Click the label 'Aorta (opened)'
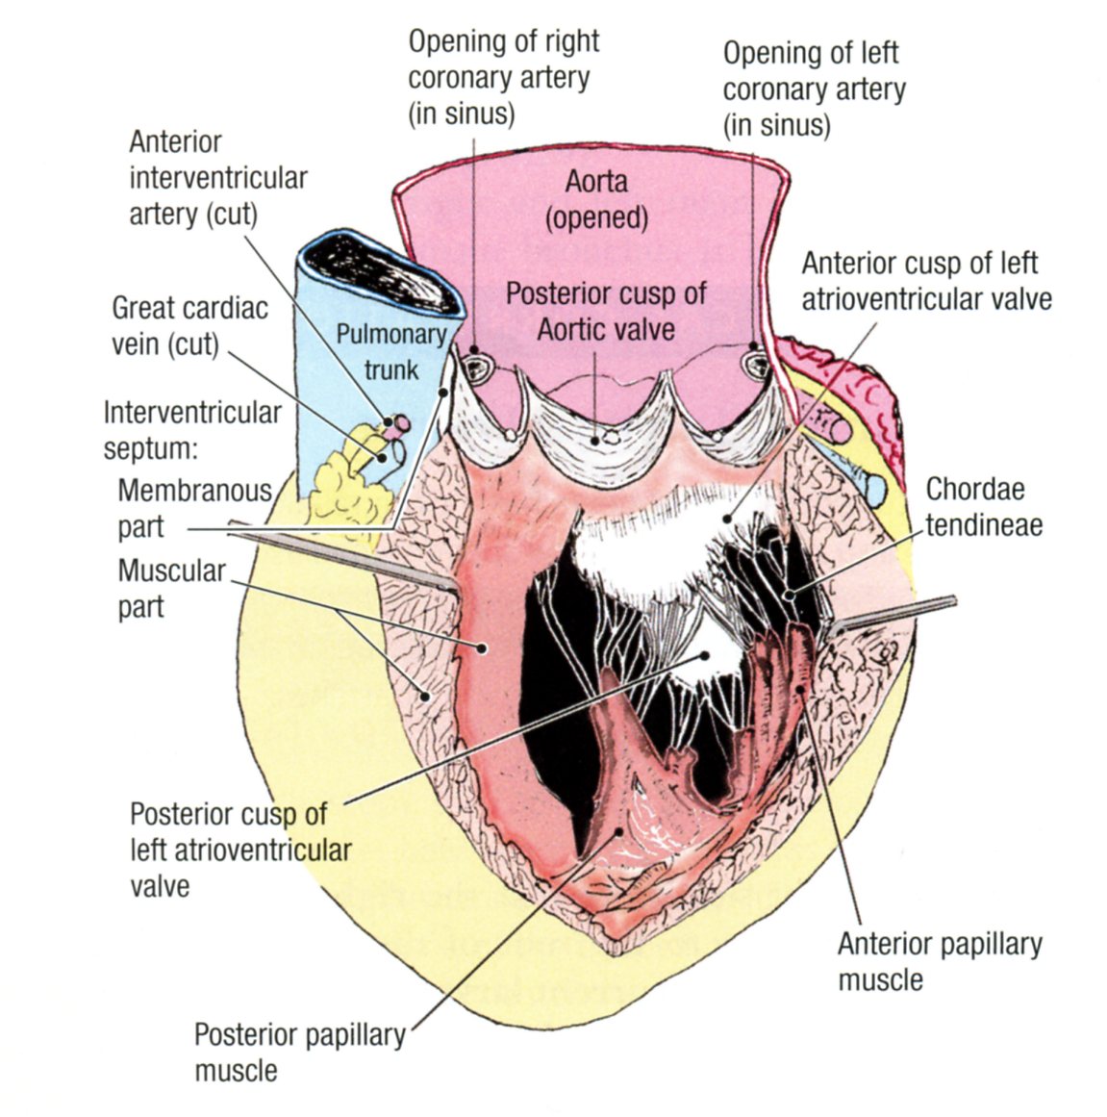coord(596,199)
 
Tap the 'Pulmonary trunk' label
coord(390,351)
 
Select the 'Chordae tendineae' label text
coord(983,506)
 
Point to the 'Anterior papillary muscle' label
coord(939,961)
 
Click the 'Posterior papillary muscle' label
coord(299,1052)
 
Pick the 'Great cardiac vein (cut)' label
coord(189,326)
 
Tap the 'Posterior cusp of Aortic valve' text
coord(606,311)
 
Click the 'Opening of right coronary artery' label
coord(503,77)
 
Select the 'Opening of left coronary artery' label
coord(814,89)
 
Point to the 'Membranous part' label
coord(194,508)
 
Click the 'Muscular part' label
coord(170,588)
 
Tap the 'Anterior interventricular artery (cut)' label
coord(217,178)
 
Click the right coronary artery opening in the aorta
coord(475,364)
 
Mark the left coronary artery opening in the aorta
coord(753,364)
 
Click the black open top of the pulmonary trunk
coord(382,274)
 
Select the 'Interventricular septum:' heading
coord(191,430)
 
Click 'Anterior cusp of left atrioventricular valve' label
coord(926,280)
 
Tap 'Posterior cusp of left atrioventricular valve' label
coord(240,850)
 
